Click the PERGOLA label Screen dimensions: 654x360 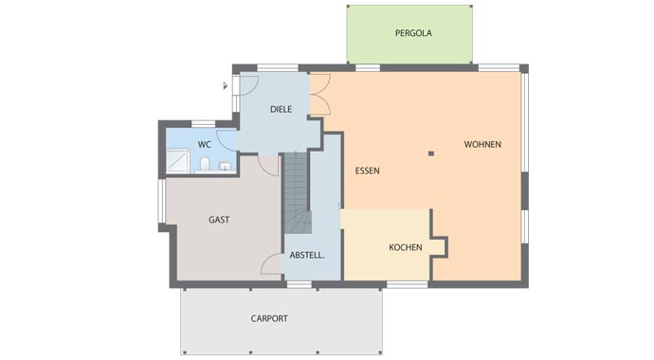[413, 33]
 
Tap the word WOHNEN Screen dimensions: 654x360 [482, 144]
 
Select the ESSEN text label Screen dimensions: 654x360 [368, 171]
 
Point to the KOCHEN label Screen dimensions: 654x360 [406, 247]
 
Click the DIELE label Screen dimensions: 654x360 [281, 110]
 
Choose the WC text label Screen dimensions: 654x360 [205, 145]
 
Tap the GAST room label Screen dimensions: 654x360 [219, 220]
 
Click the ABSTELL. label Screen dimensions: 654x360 [307, 256]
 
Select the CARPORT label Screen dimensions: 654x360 [269, 318]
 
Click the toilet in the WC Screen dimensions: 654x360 [205, 164]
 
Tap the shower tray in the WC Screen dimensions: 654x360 [178, 160]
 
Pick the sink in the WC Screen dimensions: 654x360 [226, 166]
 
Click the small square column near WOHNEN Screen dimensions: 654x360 [431, 153]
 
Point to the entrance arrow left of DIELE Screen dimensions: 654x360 [226, 86]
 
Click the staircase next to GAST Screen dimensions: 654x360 [298, 192]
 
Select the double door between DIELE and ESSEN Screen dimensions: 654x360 [320, 95]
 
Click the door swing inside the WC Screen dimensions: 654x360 [227, 140]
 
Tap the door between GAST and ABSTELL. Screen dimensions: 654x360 [271, 264]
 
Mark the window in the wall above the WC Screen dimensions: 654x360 [203, 124]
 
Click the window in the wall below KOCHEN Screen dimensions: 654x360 [407, 284]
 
